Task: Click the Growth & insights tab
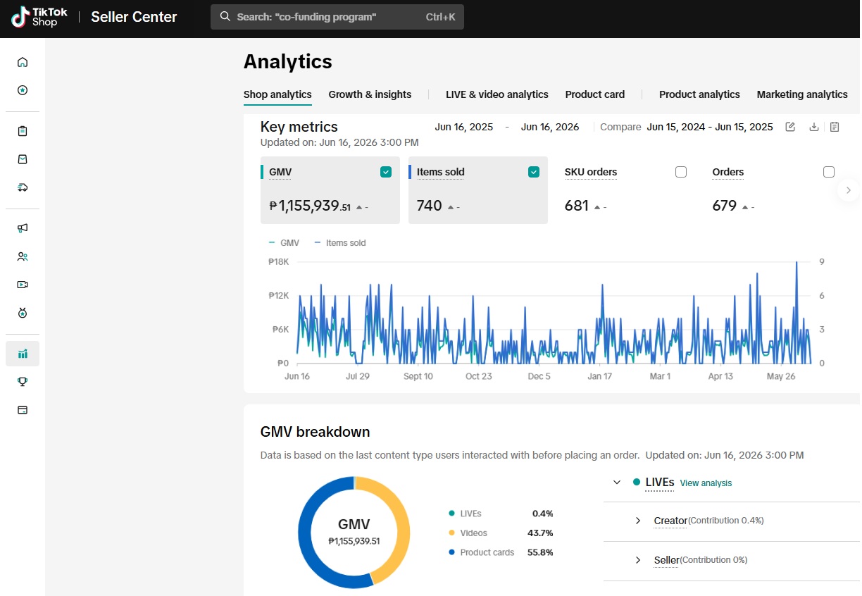[x=370, y=94]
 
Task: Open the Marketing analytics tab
[x=802, y=94]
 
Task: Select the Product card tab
[x=594, y=94]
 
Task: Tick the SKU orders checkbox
[x=681, y=172]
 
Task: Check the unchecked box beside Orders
[x=828, y=172]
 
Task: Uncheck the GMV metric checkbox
[x=386, y=172]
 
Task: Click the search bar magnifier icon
[x=225, y=17]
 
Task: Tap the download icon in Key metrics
[x=814, y=127]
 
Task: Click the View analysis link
[x=706, y=483]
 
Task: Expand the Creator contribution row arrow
[x=637, y=521]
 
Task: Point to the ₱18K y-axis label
[x=278, y=262]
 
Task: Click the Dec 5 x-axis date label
[x=539, y=376]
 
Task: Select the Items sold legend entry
[x=340, y=243]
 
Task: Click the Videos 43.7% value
[x=540, y=533]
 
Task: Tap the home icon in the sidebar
[x=23, y=62]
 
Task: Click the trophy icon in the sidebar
[x=23, y=382]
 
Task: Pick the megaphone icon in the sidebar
[x=23, y=228]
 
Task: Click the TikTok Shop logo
[x=39, y=17]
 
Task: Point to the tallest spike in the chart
[x=797, y=263]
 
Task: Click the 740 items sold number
[x=429, y=206]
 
